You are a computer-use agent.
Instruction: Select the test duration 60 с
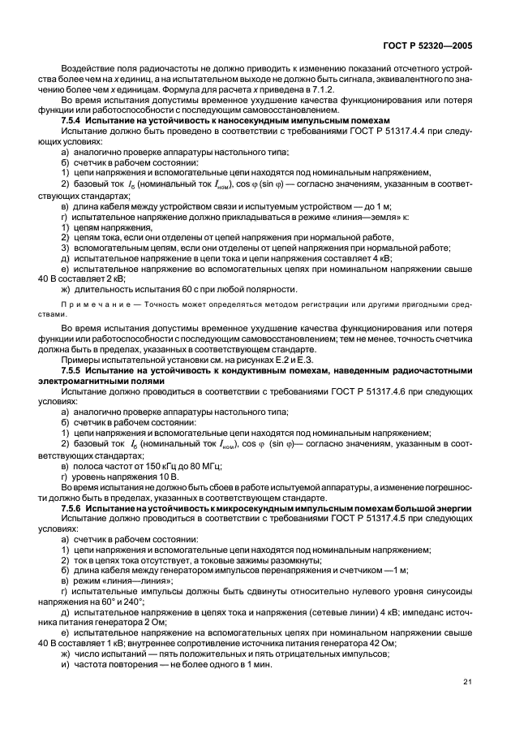pos(191,288)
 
